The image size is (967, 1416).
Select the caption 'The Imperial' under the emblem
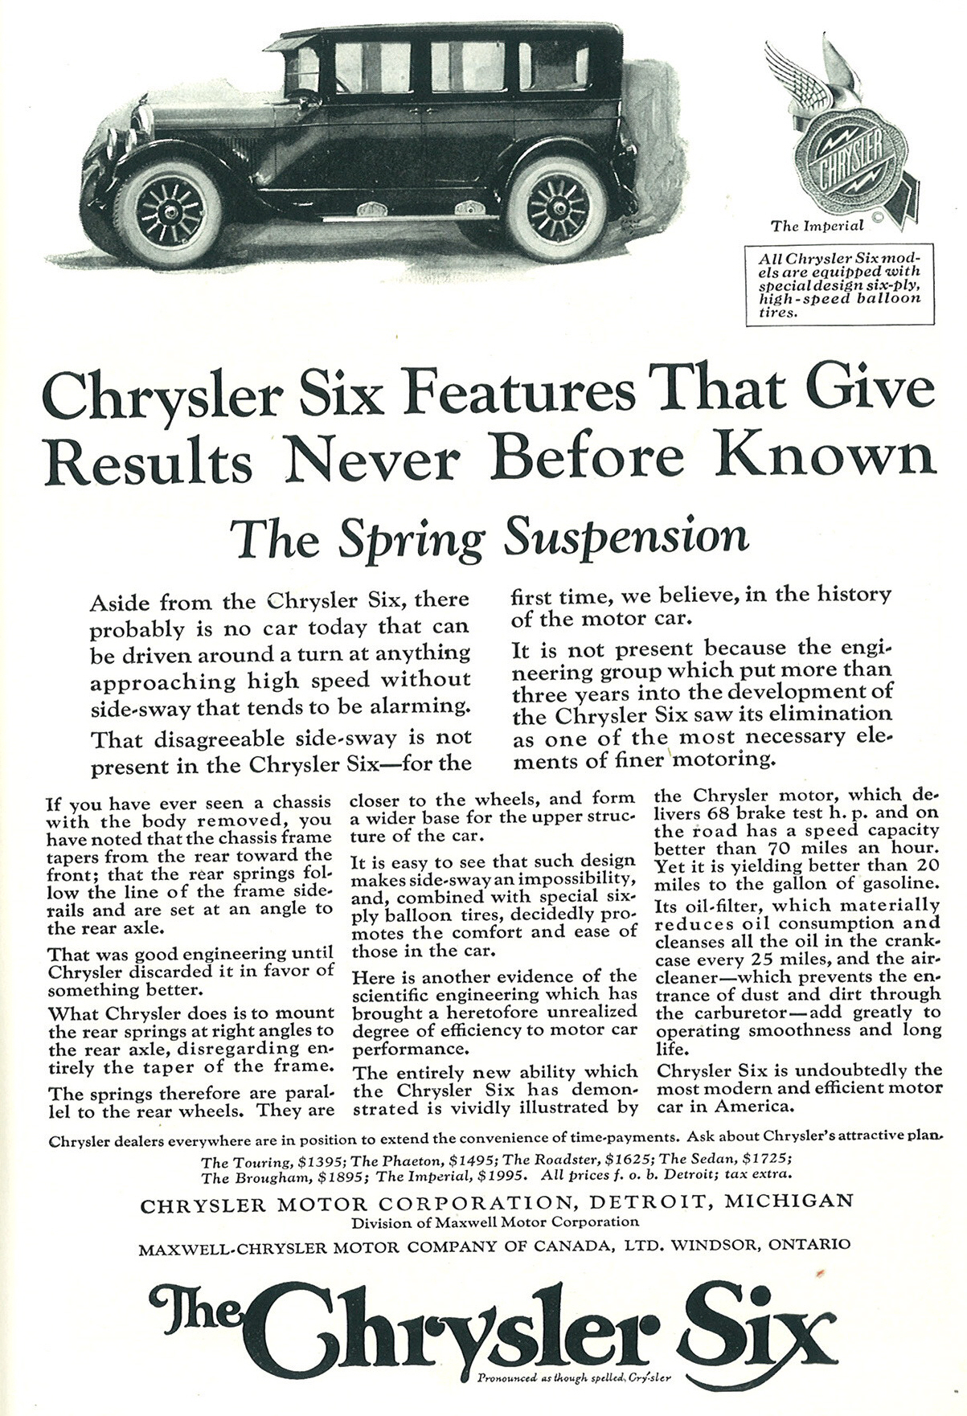click(x=817, y=226)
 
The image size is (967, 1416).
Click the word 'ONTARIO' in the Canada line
click(x=809, y=1246)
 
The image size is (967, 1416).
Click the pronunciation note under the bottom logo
click(x=574, y=1380)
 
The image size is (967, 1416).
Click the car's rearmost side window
click(x=553, y=65)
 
